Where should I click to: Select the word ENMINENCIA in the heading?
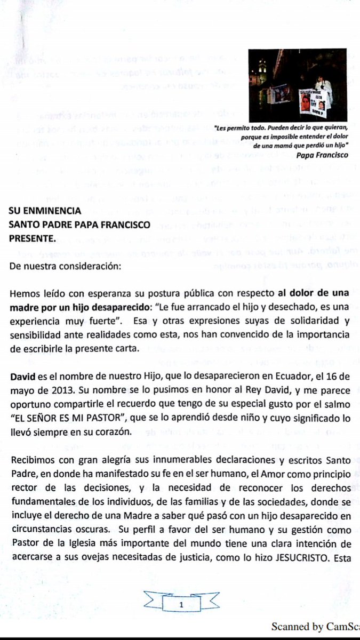point(54,210)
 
